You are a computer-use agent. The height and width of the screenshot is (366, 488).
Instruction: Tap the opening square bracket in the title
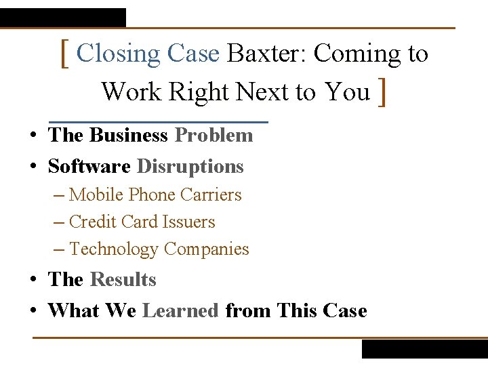[x=64, y=54]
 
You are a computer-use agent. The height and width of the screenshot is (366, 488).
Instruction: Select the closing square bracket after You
[x=384, y=92]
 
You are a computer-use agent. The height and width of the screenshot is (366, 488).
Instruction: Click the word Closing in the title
[x=119, y=53]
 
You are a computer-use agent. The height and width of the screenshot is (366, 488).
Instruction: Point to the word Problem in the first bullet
[x=213, y=135]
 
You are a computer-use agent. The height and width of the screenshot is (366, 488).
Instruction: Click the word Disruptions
[x=190, y=166]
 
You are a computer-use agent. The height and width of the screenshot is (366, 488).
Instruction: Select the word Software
[x=89, y=166]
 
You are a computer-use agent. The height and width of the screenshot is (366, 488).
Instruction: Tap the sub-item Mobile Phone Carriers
[x=155, y=195]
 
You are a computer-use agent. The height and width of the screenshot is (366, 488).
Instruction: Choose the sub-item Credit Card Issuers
[x=142, y=222]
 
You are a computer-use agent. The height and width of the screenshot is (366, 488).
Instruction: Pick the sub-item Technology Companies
[x=159, y=249]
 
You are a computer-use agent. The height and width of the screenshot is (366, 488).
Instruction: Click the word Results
[x=123, y=279]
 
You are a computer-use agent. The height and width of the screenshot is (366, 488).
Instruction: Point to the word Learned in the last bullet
[x=180, y=310]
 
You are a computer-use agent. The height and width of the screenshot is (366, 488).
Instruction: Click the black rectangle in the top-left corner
[x=62, y=18]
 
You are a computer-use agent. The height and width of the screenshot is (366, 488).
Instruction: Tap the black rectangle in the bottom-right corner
[x=424, y=348]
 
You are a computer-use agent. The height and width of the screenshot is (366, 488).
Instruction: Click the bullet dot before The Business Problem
[x=33, y=136]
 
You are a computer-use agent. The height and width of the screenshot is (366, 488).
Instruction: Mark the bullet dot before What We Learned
[x=33, y=311]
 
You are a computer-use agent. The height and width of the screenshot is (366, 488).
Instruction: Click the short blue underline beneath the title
[x=159, y=122]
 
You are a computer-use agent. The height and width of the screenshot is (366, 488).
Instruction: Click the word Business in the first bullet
[x=128, y=135]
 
